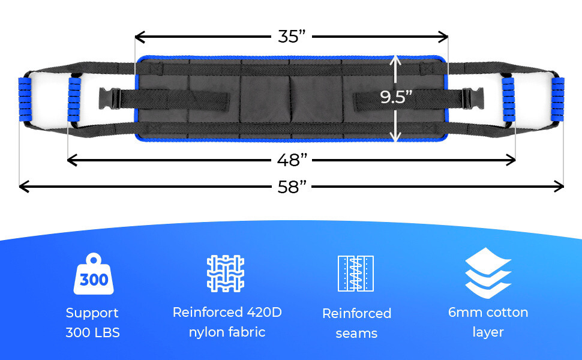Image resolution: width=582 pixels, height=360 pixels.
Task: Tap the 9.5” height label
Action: [396, 97]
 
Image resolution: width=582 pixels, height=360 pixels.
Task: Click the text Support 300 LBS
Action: [92, 322]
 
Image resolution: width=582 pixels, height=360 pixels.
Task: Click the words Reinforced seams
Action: [356, 323]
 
